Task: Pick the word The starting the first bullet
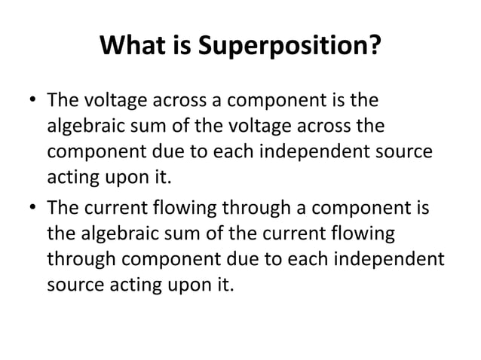[63, 102]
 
